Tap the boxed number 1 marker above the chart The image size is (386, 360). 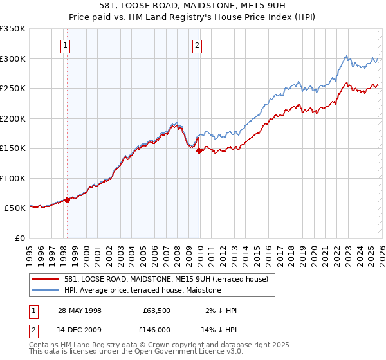66,45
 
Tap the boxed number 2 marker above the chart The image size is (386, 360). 196,45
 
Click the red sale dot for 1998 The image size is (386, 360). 67,200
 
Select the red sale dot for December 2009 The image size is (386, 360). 199,150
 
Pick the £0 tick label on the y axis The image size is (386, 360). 20,238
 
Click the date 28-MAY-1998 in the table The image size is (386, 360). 78,310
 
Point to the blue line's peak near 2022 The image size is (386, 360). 345,56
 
